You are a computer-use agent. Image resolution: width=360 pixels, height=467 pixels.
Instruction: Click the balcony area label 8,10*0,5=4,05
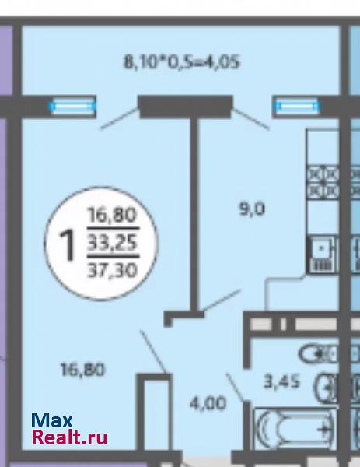point(181,62)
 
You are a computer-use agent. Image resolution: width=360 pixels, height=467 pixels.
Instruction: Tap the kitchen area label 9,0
point(252,209)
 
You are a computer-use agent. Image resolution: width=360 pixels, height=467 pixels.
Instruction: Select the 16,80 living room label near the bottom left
point(82,370)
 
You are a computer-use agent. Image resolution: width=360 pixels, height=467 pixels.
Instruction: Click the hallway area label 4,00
point(208,404)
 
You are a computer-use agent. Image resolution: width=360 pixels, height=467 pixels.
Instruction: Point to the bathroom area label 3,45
point(281,381)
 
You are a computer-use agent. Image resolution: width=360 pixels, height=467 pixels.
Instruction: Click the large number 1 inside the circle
point(67,245)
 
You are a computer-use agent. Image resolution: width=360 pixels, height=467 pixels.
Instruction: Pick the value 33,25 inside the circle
point(112,242)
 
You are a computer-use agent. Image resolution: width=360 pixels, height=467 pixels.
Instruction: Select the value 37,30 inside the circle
point(112,270)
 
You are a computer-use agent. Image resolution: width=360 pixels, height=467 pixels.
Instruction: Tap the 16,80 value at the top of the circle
point(112,215)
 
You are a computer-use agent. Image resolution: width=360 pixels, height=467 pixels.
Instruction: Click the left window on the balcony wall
point(73,107)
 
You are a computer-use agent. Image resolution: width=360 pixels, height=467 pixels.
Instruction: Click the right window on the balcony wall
point(298,107)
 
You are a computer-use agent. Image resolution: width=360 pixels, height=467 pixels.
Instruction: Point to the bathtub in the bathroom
point(295,429)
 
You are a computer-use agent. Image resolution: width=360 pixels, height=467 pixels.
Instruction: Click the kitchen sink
point(322,255)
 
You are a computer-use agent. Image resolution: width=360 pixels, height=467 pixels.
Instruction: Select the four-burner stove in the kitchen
point(323,182)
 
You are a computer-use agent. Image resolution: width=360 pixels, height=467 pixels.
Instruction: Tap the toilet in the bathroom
point(318,354)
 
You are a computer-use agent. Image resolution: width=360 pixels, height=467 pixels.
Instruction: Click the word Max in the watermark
point(52,420)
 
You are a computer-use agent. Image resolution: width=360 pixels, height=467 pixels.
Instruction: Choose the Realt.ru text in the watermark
point(70,437)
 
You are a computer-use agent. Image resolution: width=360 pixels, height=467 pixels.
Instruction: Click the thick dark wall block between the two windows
point(185,107)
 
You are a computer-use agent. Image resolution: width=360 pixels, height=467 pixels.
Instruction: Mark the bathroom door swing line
point(236,388)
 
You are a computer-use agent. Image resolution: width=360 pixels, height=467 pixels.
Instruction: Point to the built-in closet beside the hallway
point(154,413)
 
